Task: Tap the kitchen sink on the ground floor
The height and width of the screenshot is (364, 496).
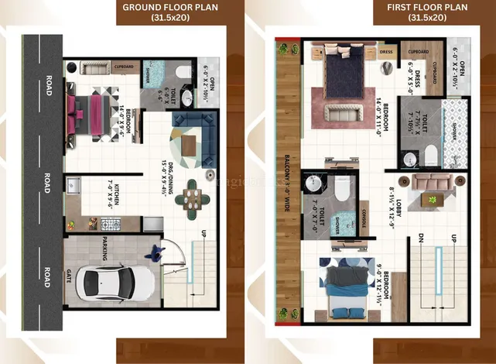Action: click(76, 186)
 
